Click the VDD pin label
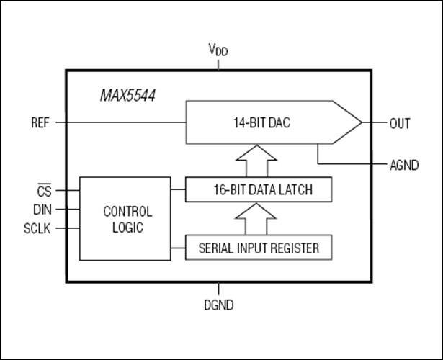[218, 50]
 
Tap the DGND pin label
[219, 305]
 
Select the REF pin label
[40, 123]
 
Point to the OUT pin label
[400, 123]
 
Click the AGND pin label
[404, 165]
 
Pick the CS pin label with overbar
[45, 190]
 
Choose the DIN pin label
[42, 210]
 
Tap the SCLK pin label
[37, 228]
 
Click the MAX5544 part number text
[127, 96]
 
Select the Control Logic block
[125, 219]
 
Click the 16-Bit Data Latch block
[259, 189]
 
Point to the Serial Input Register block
[259, 248]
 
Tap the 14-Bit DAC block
[274, 122]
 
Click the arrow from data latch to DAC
[256, 161]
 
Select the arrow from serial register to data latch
[256, 219]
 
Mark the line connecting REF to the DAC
[120, 122]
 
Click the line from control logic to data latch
[178, 189]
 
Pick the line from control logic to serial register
[178, 248]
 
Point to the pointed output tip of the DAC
[362, 122]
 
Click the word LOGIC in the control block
[127, 228]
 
